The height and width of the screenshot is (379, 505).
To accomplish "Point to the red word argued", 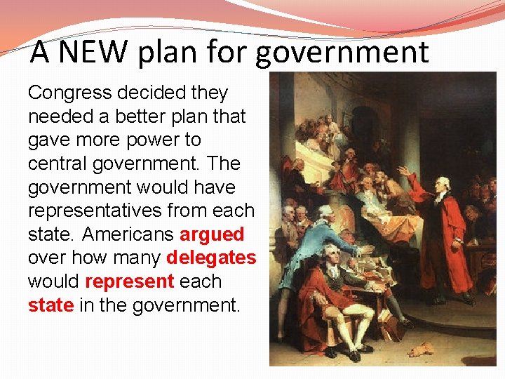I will [212, 234].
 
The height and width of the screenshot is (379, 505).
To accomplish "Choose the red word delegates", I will [211, 258].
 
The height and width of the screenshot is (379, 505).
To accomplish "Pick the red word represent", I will [128, 281].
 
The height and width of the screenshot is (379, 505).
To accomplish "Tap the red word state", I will [50, 305].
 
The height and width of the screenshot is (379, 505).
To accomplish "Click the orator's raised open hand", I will [402, 171].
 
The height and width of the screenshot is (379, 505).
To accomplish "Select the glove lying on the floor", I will [424, 349].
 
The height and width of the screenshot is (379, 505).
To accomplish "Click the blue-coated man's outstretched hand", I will [367, 250].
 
